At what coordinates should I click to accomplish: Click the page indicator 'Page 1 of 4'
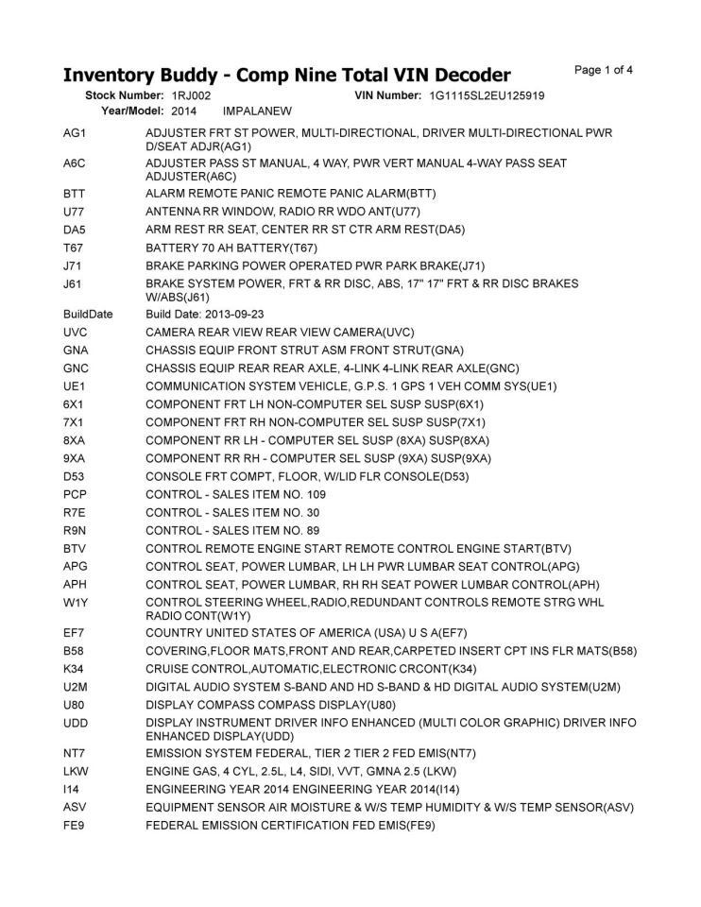[x=603, y=70]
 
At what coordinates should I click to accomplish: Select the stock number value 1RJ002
[x=192, y=95]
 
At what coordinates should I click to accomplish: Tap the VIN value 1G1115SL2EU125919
[x=487, y=95]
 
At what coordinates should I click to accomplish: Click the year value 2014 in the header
[x=183, y=111]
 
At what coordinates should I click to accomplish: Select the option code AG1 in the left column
[x=75, y=133]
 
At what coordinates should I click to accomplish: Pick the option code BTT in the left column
[x=74, y=194]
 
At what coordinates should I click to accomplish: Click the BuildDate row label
[x=88, y=313]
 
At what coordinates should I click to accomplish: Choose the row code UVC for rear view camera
[x=75, y=332]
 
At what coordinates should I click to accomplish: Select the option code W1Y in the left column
[x=75, y=602]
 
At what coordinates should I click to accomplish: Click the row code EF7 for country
[x=74, y=632]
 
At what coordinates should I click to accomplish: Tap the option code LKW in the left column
[x=75, y=771]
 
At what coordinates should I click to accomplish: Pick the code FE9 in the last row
[x=74, y=826]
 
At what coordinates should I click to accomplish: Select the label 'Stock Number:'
[x=126, y=95]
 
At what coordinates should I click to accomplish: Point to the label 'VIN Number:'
[x=387, y=95]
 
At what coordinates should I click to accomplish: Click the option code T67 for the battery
[x=74, y=248]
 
